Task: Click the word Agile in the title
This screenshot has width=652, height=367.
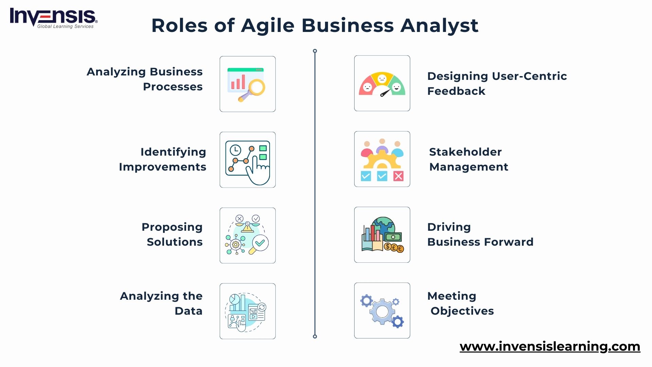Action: [x=268, y=26]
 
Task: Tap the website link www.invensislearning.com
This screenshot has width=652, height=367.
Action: [x=550, y=346]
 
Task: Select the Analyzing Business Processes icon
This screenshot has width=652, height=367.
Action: [x=248, y=84]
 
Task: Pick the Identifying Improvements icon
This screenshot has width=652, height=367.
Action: [x=248, y=160]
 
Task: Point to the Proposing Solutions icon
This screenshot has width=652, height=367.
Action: [x=248, y=235]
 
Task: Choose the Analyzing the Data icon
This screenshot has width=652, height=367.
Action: [x=248, y=311]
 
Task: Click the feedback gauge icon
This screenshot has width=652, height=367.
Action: [x=382, y=83]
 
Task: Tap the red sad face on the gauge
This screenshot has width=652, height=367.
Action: [x=367, y=87]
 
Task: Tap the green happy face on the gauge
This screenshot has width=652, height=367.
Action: [x=396, y=87]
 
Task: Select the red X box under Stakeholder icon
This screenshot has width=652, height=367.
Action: [x=398, y=176]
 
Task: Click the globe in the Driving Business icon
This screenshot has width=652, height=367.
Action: [x=383, y=225]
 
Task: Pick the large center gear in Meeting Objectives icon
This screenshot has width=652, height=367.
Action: [x=382, y=311]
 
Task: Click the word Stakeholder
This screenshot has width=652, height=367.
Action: [x=465, y=152]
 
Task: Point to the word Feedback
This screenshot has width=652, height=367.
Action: [x=456, y=91]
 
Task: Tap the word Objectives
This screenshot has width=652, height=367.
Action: [x=462, y=311]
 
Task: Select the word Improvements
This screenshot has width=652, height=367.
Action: [x=162, y=167]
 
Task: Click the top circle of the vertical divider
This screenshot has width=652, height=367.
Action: [x=315, y=51]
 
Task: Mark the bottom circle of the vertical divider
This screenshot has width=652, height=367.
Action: [x=315, y=336]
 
